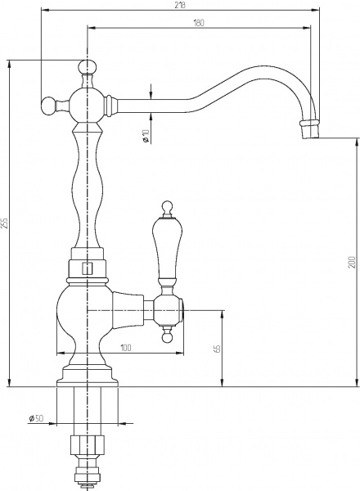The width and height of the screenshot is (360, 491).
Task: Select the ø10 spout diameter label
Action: [145, 136]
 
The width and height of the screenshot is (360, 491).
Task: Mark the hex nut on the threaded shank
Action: [86, 446]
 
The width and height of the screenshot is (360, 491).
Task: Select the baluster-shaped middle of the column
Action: [87, 188]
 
